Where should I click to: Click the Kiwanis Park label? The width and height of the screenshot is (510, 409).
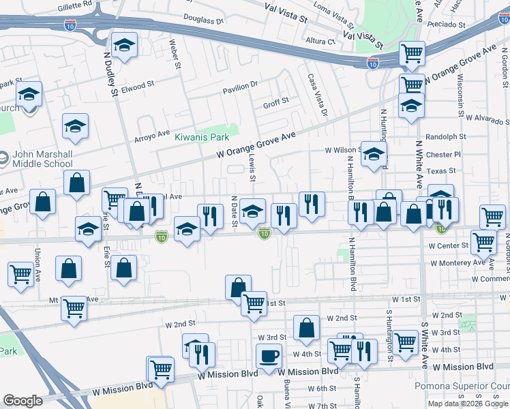point(201,136)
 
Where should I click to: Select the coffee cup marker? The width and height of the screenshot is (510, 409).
point(269,356)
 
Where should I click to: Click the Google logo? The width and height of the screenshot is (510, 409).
point(22,401)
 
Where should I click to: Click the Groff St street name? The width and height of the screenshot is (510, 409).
point(276,103)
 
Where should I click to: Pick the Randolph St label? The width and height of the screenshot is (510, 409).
point(440,137)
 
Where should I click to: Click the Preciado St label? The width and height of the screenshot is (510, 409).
point(447,25)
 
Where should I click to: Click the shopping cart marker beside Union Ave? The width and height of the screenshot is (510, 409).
point(20,274)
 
